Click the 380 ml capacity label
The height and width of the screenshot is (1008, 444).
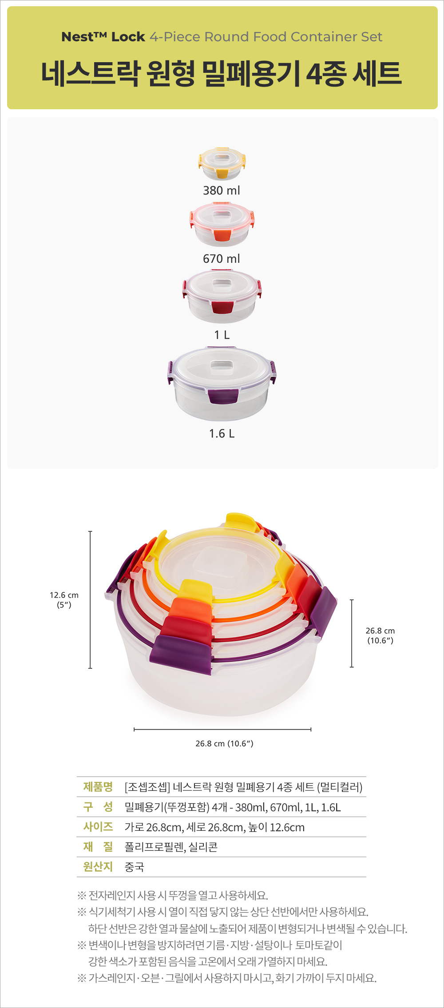click(x=222, y=190)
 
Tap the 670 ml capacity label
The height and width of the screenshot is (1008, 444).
click(x=222, y=258)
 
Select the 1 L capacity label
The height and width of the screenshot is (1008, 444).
click(x=222, y=335)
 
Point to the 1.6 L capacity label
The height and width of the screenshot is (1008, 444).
click(x=222, y=433)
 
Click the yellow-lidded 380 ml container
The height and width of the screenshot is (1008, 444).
click(x=222, y=163)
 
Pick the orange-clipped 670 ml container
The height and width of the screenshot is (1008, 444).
click(x=222, y=224)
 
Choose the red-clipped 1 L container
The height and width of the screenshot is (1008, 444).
click(x=222, y=296)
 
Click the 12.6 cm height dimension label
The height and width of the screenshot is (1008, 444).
click(x=64, y=599)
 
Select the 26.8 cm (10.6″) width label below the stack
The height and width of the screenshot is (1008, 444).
click(x=224, y=743)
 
